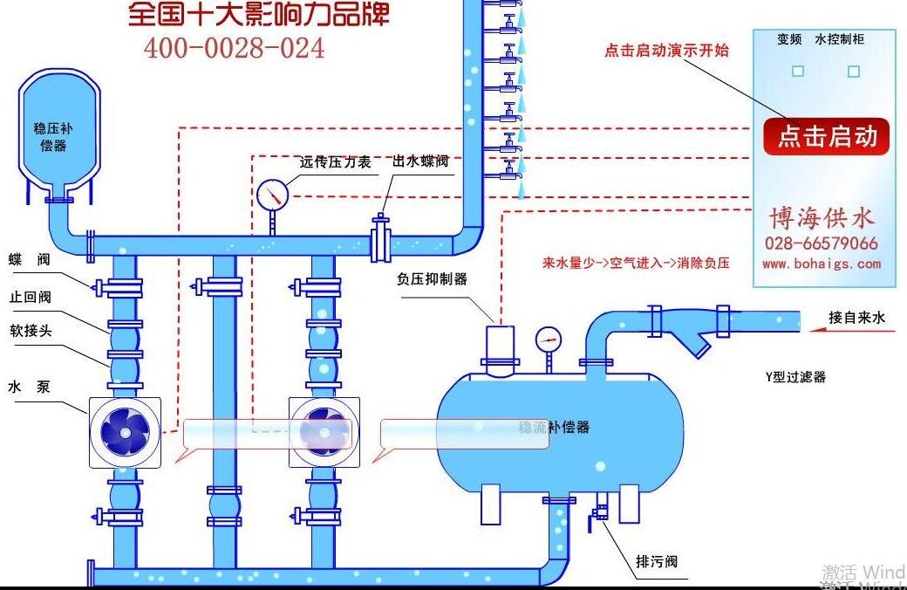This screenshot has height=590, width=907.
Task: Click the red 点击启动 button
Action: point(826,137)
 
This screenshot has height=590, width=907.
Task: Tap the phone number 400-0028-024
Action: point(234,48)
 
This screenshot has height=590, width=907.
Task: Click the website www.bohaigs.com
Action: point(821,264)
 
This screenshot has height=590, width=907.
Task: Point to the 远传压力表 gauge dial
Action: point(273,195)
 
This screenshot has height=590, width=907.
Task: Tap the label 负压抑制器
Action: point(432,279)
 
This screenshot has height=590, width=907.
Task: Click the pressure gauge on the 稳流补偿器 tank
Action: point(549,339)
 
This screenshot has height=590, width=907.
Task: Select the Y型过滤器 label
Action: point(794,377)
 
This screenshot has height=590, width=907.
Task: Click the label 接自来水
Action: point(856,318)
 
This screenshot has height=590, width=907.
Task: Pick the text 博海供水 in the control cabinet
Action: point(821,216)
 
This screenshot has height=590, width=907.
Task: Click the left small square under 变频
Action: point(797,72)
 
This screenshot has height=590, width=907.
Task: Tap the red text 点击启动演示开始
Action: point(666,51)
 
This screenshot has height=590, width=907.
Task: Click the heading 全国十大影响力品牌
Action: point(259,14)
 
